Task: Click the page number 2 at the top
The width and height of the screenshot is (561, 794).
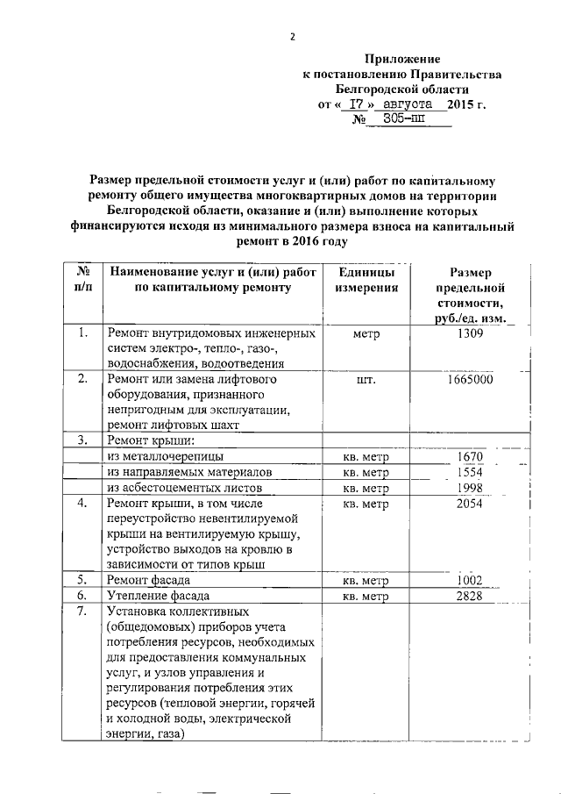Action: (x=294, y=36)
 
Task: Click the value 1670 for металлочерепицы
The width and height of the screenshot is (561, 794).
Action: (x=471, y=457)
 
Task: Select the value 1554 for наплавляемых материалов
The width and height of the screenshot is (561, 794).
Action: (x=471, y=472)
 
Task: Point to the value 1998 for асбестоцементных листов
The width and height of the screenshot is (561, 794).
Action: (x=471, y=488)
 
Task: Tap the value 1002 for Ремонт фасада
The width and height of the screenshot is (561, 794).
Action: (x=471, y=581)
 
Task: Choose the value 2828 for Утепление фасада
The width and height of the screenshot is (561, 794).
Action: (x=470, y=597)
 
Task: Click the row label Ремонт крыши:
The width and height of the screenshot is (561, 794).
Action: (x=149, y=441)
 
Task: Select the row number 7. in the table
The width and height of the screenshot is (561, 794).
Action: (x=82, y=612)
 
